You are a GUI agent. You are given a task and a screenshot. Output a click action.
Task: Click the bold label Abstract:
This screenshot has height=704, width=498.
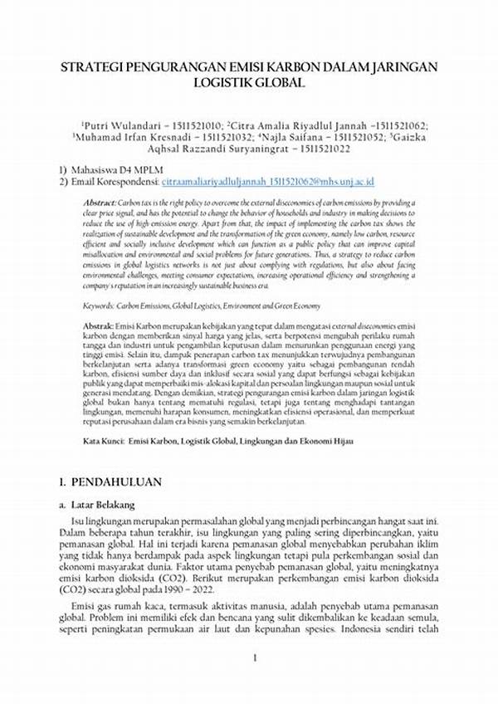click(100, 203)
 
